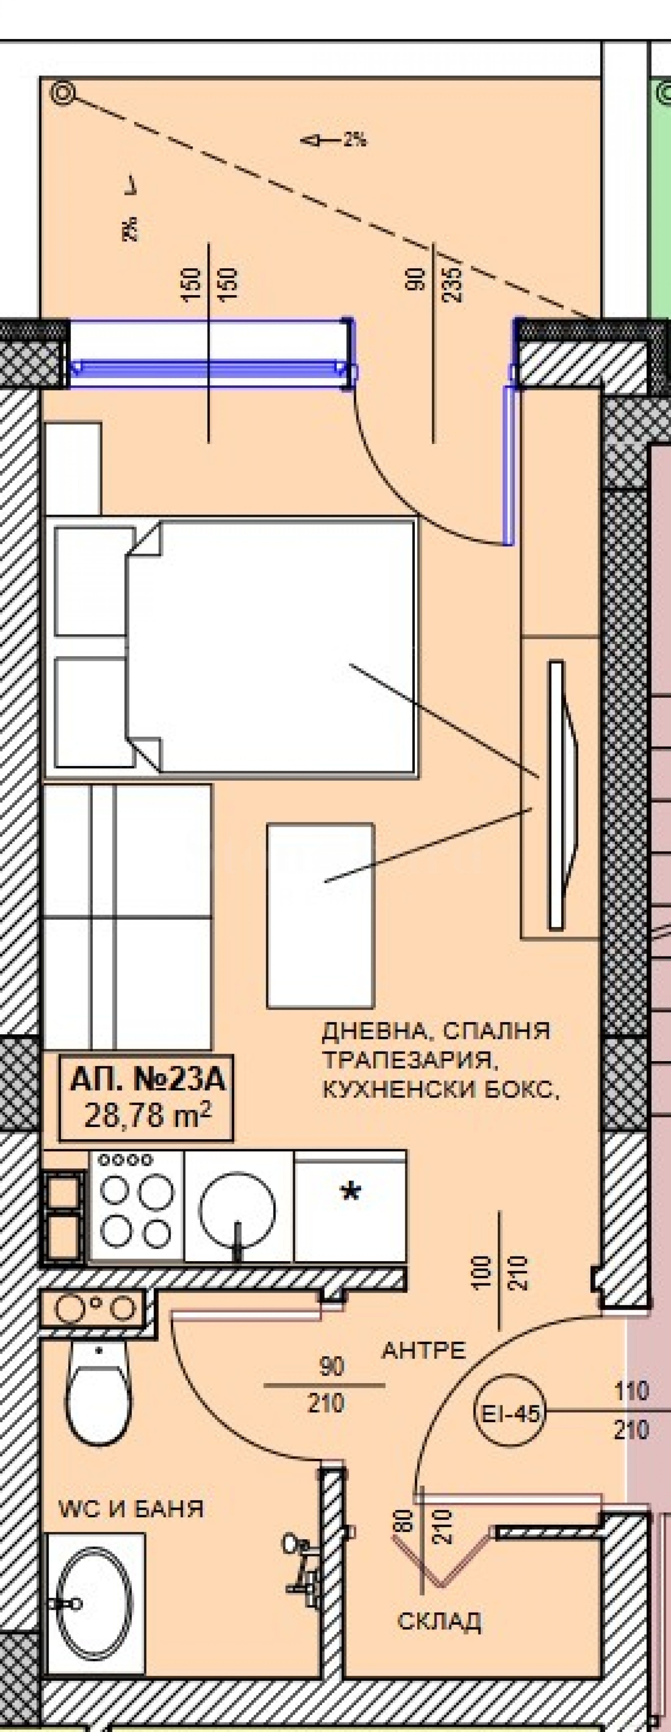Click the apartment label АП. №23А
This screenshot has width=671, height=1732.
coord(146,1082)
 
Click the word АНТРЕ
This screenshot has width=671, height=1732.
coord(424,1350)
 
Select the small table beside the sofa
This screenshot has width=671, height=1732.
coord(320,916)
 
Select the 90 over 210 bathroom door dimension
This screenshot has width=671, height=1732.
coord(325,1386)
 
